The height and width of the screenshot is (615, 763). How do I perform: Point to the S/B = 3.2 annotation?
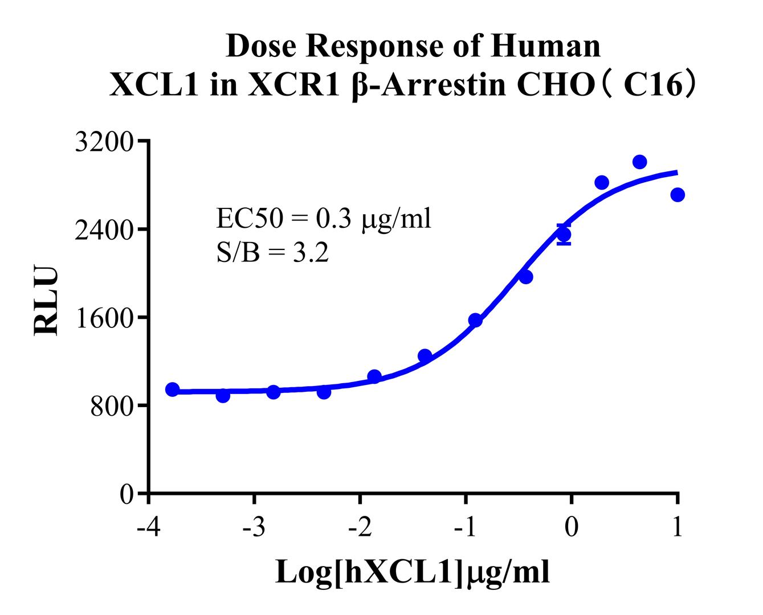[272, 253]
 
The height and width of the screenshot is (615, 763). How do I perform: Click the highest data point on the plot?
[639, 162]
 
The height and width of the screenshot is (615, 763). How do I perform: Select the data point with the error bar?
[564, 235]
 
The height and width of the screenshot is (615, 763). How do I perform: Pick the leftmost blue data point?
[173, 389]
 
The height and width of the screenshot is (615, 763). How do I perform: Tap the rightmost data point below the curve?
[678, 195]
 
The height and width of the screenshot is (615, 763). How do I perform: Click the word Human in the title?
[546, 46]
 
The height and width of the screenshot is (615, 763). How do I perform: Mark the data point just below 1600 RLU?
[475, 320]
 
